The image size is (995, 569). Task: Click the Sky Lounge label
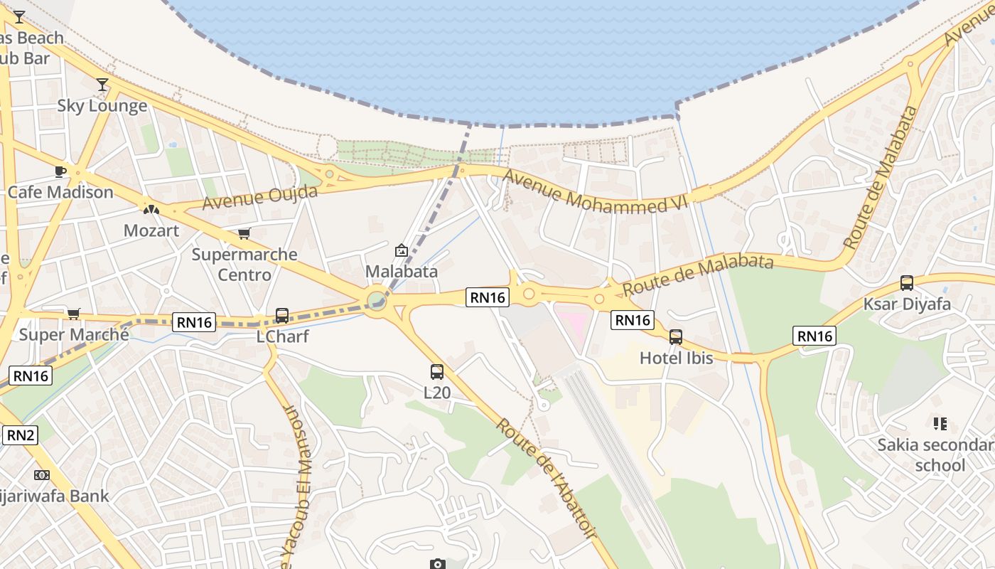click(102, 106)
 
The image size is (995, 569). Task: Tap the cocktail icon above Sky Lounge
click(102, 85)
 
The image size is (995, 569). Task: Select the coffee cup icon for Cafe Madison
click(60, 171)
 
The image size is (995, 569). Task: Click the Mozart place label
click(151, 230)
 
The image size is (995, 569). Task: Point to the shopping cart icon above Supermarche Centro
click(244, 233)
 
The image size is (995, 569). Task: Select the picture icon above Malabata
click(402, 250)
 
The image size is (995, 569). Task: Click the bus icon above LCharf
click(282, 315)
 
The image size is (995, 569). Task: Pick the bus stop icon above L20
click(437, 371)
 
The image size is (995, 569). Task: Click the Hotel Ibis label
click(676, 358)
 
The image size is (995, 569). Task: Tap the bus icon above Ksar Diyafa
click(907, 283)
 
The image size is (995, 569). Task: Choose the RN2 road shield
click(20, 435)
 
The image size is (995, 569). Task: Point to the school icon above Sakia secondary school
click(940, 424)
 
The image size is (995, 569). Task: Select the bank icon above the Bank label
click(42, 474)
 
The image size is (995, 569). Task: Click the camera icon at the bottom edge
click(438, 564)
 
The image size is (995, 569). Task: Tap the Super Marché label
click(74, 334)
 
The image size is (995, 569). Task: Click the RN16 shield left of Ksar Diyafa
click(814, 336)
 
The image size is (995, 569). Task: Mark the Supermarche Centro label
click(244, 264)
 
